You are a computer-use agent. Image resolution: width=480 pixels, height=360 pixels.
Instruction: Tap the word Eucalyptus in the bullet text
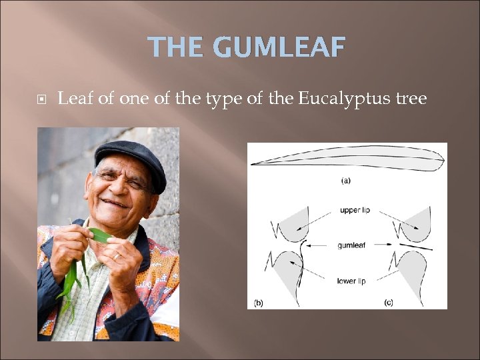click(343, 100)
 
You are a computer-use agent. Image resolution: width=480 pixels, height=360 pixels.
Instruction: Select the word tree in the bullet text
click(409, 100)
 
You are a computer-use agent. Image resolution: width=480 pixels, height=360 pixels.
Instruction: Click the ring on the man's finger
click(116, 255)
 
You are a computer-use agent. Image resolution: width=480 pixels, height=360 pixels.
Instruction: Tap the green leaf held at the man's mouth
click(100, 235)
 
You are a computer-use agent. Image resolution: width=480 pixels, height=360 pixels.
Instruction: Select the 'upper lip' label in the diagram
click(355, 210)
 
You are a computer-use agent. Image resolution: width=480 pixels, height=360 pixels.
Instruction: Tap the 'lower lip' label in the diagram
click(351, 281)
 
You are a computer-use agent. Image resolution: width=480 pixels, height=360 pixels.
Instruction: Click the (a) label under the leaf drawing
click(346, 180)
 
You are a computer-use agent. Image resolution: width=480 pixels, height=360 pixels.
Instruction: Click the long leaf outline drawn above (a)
click(347, 159)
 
